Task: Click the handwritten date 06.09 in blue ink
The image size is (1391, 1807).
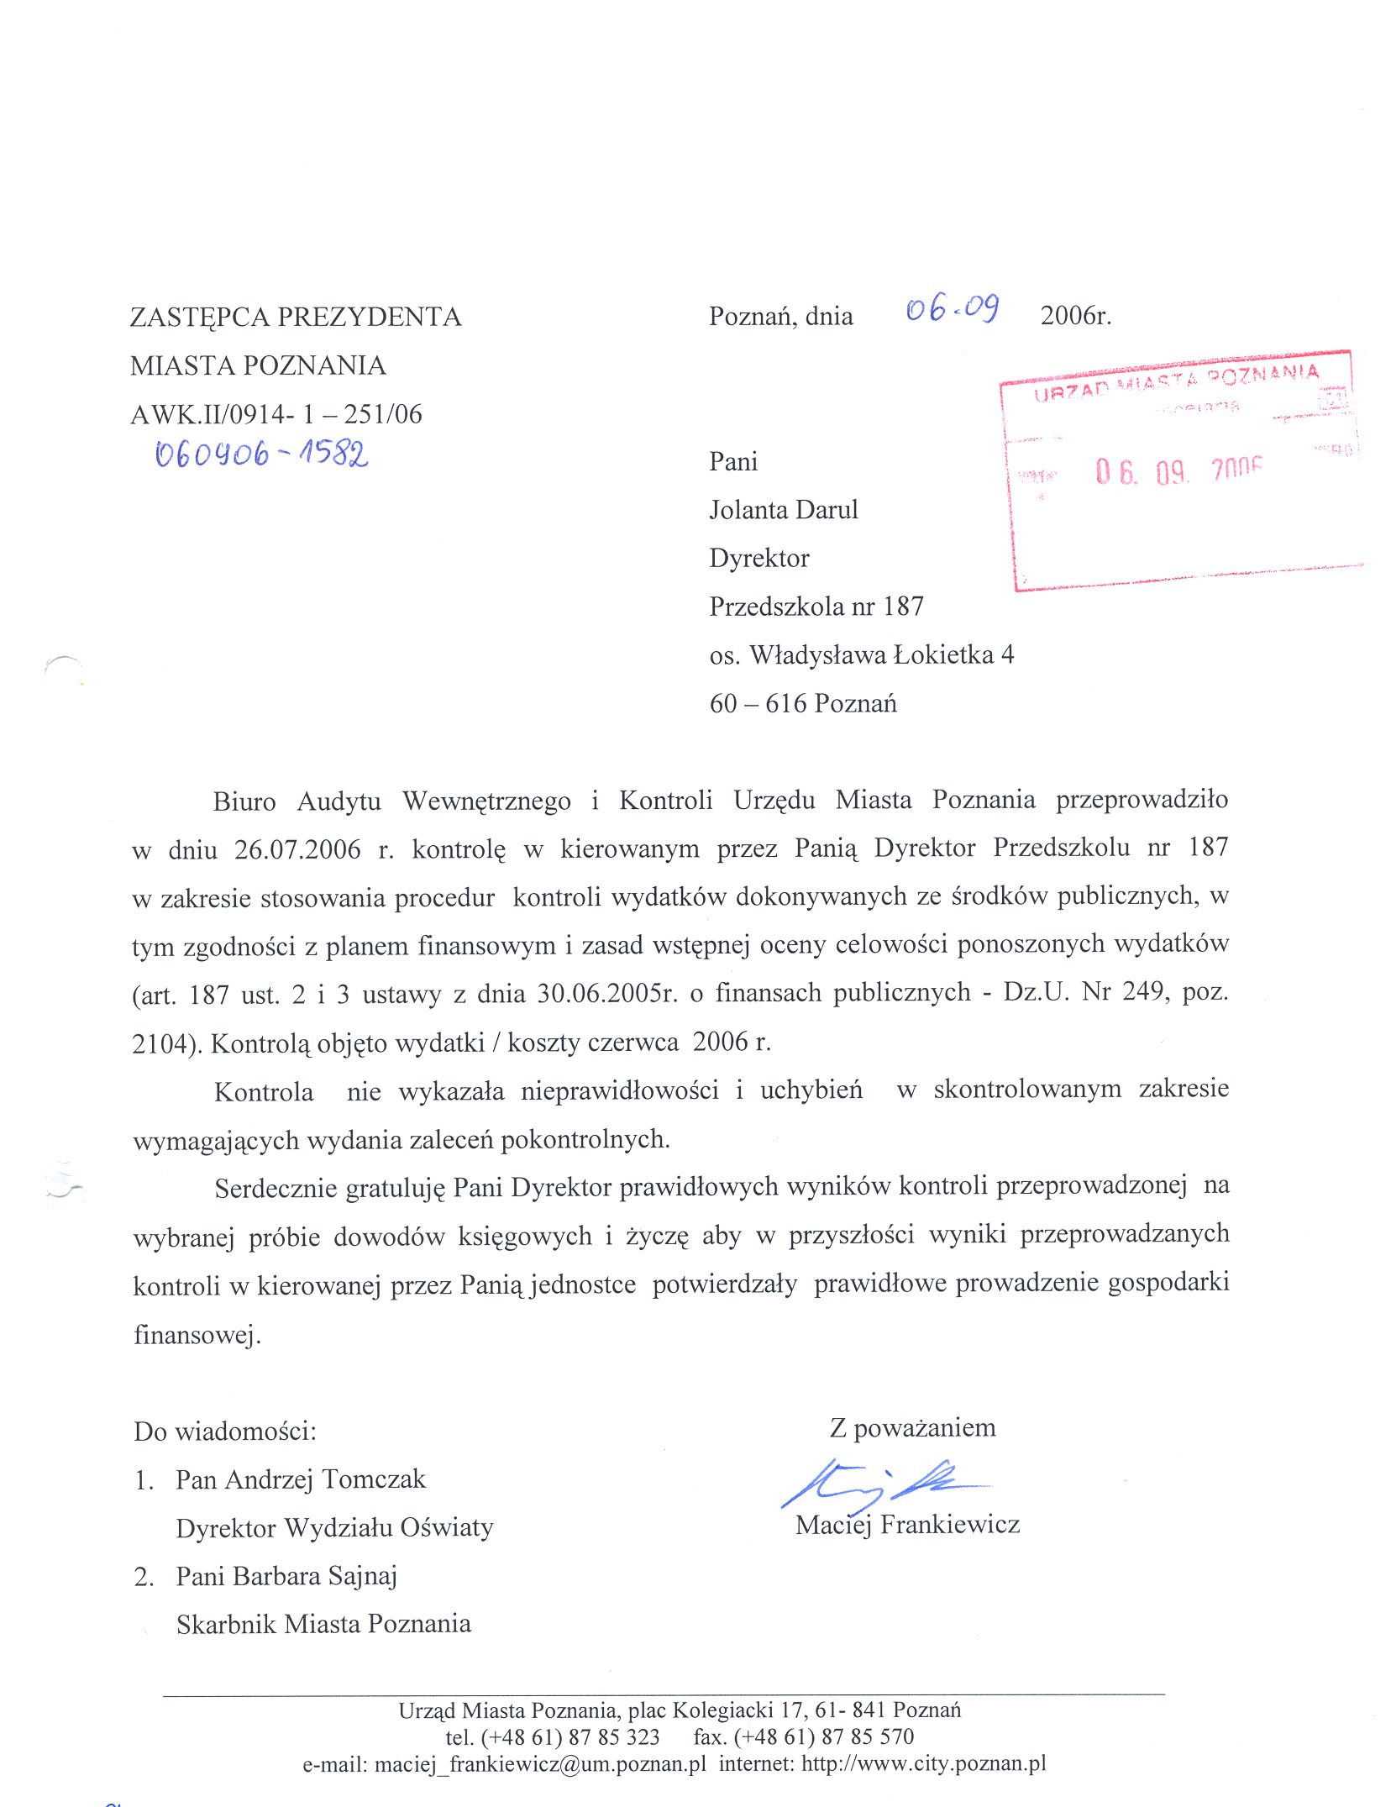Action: click(952, 310)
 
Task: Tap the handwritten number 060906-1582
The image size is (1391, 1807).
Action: click(261, 454)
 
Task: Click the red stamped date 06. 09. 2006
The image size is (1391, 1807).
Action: click(1178, 471)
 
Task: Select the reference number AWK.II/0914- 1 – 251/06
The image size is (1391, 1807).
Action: click(276, 414)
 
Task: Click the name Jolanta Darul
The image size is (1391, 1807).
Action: click(783, 510)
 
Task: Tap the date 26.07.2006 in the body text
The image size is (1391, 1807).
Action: click(297, 849)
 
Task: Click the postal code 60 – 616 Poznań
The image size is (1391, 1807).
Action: click(802, 703)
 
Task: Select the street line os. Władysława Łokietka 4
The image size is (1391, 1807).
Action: click(861, 654)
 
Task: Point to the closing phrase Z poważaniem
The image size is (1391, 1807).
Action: click(912, 1428)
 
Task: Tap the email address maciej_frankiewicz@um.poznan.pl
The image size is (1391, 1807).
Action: click(540, 1764)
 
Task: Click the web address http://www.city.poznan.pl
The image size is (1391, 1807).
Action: click(924, 1763)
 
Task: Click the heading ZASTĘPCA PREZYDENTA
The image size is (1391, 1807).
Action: click(296, 317)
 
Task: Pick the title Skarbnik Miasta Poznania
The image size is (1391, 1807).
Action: click(323, 1624)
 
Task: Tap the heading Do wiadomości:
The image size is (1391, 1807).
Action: click(225, 1431)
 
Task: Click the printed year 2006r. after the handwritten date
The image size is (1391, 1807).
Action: click(1075, 316)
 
